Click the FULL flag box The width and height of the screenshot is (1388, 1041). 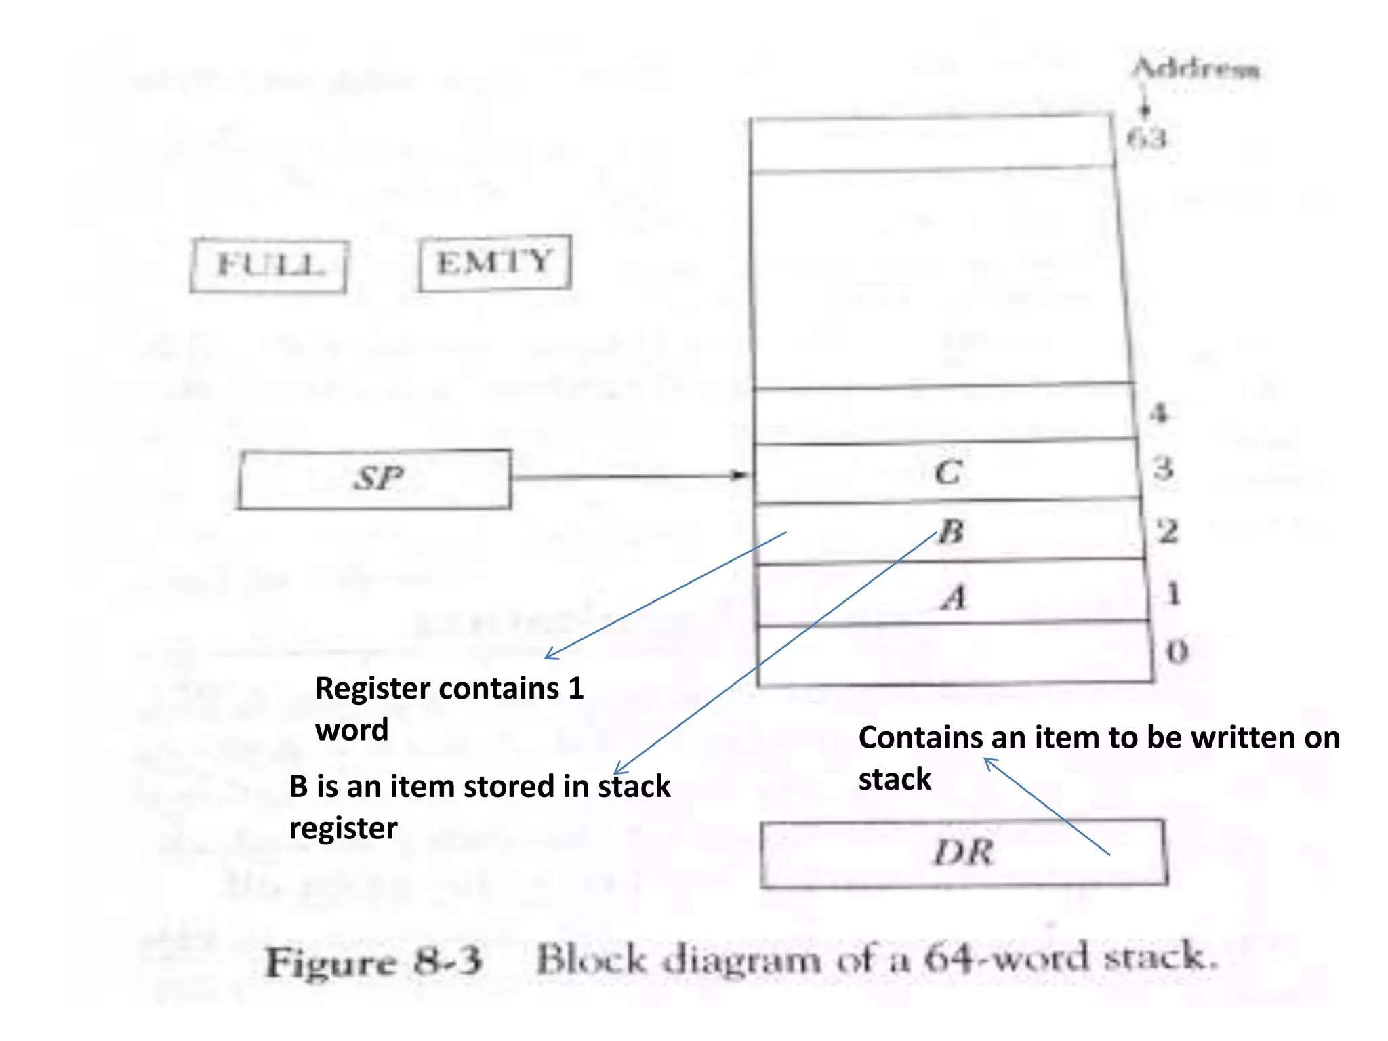[x=268, y=266]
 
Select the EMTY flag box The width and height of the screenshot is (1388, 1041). [x=495, y=263]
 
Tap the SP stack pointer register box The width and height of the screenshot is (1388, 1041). [x=375, y=478]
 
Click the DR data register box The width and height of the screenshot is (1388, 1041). [x=963, y=853]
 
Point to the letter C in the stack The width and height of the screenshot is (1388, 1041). [x=948, y=472]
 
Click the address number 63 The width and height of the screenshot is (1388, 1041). [x=1147, y=139]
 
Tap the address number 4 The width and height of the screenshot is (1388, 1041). [x=1159, y=412]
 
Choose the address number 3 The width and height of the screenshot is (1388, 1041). [x=1163, y=468]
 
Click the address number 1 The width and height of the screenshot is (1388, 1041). [x=1173, y=594]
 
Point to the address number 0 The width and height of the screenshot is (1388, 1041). [x=1177, y=652]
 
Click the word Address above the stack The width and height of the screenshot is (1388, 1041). [x=1196, y=69]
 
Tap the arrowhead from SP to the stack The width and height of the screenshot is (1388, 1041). [x=741, y=475]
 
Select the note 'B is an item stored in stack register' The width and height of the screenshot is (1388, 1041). [x=479, y=807]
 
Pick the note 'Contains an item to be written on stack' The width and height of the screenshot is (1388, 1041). [x=1098, y=758]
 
